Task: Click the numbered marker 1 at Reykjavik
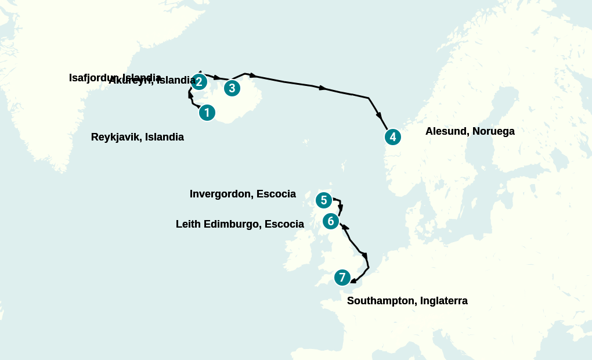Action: [207, 113]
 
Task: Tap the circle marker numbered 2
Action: [198, 81]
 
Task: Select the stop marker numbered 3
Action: [232, 88]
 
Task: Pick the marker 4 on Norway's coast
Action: [393, 137]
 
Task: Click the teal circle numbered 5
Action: [323, 200]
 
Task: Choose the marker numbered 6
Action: [330, 221]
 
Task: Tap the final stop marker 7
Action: [342, 278]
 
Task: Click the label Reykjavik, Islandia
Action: [138, 137]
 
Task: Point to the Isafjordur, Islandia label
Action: [115, 77]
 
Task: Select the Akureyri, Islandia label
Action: [152, 81]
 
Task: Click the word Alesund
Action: [446, 131]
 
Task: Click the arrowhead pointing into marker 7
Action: [353, 281]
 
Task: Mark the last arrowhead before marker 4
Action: [379, 116]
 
